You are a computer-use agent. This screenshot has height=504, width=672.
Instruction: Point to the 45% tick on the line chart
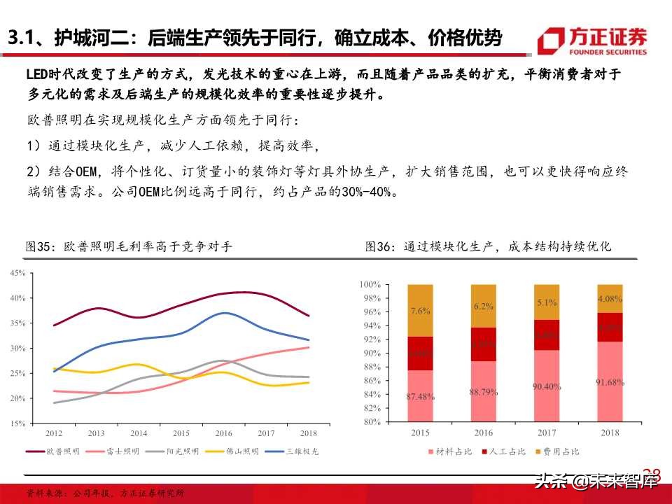(x=18, y=273)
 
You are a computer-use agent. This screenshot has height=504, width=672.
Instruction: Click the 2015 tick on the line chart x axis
(x=181, y=434)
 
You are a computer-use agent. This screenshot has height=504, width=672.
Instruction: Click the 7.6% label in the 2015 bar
(x=420, y=310)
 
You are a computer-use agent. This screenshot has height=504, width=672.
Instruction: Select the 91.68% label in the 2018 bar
(x=609, y=382)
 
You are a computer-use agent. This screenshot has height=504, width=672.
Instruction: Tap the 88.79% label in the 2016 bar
(x=483, y=392)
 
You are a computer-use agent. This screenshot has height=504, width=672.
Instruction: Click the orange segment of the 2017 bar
(x=546, y=302)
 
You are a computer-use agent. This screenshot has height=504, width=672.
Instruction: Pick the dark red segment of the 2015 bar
(x=420, y=353)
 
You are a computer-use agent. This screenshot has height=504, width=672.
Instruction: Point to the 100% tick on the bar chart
(x=370, y=285)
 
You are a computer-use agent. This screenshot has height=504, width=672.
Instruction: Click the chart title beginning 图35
(x=129, y=246)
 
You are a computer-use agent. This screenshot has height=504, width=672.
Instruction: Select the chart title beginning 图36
(x=489, y=246)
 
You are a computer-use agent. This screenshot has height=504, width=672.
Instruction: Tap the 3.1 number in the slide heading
(x=25, y=38)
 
